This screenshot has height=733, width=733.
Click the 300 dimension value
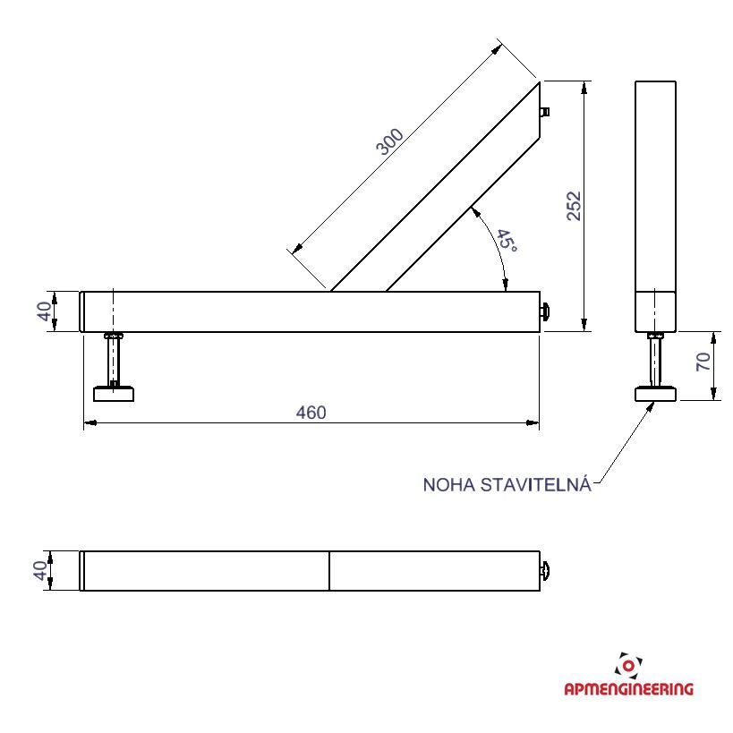point(389,141)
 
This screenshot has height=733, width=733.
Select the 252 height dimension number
point(574,206)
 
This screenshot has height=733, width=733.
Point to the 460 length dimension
point(311,413)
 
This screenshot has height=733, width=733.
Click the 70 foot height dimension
point(703,362)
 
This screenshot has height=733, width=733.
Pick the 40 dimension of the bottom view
point(40,570)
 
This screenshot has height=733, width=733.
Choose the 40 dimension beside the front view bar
point(45,311)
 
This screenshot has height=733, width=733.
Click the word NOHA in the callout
point(449,485)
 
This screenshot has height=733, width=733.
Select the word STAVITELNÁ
point(536,484)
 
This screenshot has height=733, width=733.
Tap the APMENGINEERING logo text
point(629,688)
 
